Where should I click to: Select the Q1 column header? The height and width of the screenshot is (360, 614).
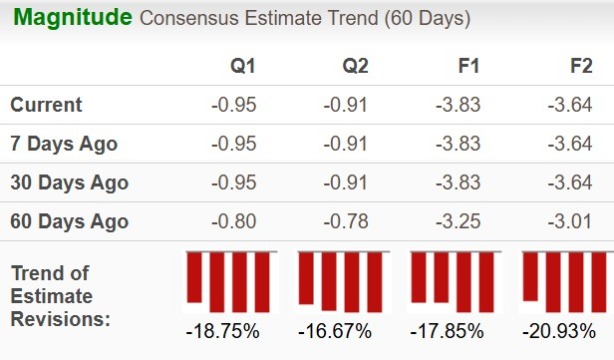[x=243, y=66]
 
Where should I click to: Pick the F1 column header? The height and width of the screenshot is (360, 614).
[x=466, y=66]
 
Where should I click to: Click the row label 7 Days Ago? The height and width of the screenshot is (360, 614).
[x=64, y=144]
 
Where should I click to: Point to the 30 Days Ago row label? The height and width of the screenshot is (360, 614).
[x=69, y=182]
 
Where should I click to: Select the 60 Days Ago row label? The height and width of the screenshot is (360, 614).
[x=69, y=221]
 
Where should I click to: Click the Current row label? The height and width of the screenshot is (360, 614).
[x=46, y=105]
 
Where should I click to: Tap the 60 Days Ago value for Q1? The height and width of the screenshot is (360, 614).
[x=235, y=221]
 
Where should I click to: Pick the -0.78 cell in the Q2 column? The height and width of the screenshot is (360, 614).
[x=347, y=221]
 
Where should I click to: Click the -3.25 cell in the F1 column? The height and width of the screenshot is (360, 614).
[x=459, y=221]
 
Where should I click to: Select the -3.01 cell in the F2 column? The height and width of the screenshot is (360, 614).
[x=570, y=221]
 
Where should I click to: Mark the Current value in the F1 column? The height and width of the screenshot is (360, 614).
[x=459, y=105]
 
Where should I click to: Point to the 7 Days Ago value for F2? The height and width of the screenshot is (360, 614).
[x=570, y=144]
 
